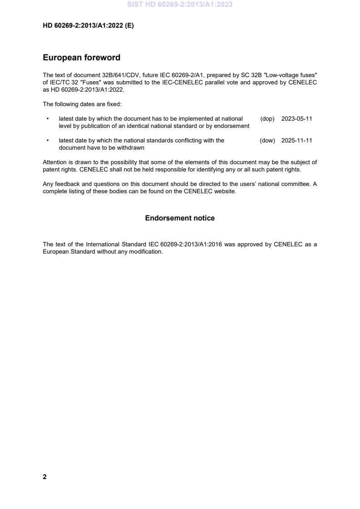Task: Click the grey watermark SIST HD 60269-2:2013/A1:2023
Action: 180,5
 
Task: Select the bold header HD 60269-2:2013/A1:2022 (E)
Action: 88,26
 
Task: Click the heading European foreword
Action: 81,58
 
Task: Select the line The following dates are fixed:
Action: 82,104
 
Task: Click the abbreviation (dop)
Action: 267,119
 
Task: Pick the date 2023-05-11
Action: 296,119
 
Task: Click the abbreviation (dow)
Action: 267,141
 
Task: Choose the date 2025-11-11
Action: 296,141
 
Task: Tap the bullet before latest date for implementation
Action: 48,119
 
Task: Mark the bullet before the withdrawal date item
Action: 48,141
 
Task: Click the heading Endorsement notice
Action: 180,218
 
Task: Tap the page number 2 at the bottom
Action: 44,477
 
